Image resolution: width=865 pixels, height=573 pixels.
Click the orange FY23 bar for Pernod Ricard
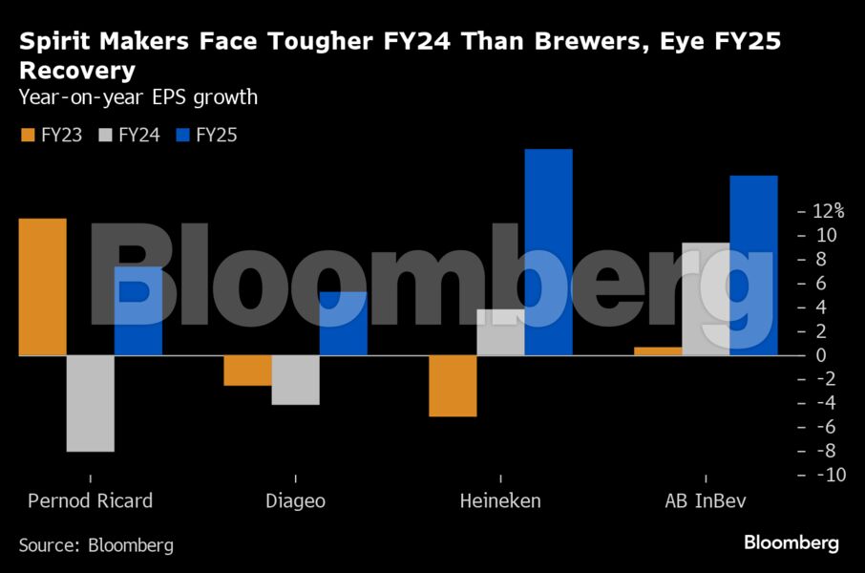43,286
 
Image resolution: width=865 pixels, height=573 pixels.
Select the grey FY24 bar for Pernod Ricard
91,403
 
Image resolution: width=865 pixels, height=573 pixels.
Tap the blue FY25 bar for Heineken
548,252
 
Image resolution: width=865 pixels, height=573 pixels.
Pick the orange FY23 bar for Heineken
453,386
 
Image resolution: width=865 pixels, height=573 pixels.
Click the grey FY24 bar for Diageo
295,380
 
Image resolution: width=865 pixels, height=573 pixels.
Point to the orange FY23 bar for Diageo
247,371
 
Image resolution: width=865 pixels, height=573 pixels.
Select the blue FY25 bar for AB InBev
753,265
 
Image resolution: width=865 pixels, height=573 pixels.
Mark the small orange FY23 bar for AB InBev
659,351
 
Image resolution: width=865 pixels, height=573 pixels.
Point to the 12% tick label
827,211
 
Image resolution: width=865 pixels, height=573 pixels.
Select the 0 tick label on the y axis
818,355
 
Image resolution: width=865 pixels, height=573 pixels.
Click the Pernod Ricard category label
90,500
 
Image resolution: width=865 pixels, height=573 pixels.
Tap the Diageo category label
295,500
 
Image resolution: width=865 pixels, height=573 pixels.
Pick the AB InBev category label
706,500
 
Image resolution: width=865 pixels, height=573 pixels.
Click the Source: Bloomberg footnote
96,545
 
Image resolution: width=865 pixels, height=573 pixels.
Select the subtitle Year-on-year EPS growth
138,96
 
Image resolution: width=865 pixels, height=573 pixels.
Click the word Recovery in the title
77,71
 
